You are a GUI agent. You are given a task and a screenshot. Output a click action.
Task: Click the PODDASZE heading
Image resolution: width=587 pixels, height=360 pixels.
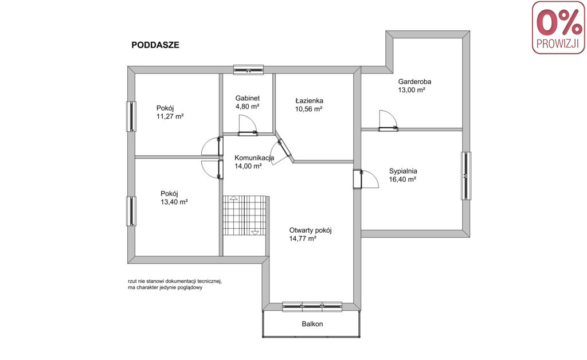[x=155, y=45]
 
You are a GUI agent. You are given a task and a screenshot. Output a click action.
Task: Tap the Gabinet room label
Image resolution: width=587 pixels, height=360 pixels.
[x=248, y=98]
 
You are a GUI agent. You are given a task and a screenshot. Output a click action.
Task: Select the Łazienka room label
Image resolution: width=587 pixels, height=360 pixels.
[x=309, y=101]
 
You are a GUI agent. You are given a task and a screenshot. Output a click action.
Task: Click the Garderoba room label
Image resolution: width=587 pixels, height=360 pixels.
[x=414, y=81]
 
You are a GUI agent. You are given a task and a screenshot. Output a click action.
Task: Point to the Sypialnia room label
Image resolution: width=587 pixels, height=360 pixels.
[x=403, y=171]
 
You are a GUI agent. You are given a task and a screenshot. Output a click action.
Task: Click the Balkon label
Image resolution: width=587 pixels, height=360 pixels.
[x=312, y=324]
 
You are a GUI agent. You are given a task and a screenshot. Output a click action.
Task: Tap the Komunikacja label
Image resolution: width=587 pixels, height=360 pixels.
[x=254, y=158]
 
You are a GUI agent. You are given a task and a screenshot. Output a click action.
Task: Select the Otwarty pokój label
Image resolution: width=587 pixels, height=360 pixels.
[x=310, y=230]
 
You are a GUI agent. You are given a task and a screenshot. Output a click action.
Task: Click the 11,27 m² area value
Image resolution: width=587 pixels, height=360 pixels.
[x=170, y=116]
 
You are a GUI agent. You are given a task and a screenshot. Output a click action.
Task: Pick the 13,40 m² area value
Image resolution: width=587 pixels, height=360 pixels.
[x=174, y=202]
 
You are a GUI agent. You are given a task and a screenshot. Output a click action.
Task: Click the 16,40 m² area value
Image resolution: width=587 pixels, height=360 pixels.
[x=402, y=179]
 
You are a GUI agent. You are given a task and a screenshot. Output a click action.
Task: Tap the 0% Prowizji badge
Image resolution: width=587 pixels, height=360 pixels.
[x=558, y=28]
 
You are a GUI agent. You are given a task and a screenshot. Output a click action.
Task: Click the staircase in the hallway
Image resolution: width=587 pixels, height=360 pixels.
[x=244, y=215]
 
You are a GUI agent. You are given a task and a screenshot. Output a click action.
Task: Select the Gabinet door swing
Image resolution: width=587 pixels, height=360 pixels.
[x=248, y=124]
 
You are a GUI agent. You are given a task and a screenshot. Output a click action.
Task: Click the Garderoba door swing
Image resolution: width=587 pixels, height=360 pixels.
[x=388, y=120]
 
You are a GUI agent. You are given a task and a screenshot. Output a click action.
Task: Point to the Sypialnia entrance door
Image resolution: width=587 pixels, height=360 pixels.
[x=366, y=179]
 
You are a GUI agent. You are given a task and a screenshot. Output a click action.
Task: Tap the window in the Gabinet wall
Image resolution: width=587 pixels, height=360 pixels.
[x=249, y=69]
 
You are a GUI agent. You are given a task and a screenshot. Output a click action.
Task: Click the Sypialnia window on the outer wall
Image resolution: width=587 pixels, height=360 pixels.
[x=465, y=175]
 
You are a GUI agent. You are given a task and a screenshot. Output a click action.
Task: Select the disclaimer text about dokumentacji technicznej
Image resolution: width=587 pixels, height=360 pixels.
[x=175, y=284]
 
